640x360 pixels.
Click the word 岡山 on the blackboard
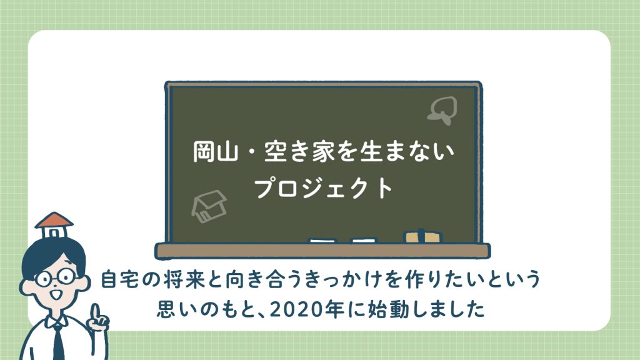pos(216,151)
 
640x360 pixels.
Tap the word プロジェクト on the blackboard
pos(323,188)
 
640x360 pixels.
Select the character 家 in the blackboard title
pos(324,151)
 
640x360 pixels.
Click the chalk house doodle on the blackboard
pos(209,206)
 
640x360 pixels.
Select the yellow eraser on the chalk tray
pos(422,236)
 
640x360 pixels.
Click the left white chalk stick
pos(322,241)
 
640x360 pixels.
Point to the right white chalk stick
pos(364,241)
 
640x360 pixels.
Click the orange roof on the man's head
pos(54,220)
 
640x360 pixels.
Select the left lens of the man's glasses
pos(42,279)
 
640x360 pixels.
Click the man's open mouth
pos(55,294)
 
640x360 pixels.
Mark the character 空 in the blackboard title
pos(276,151)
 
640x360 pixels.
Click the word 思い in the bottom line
pos(176,309)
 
